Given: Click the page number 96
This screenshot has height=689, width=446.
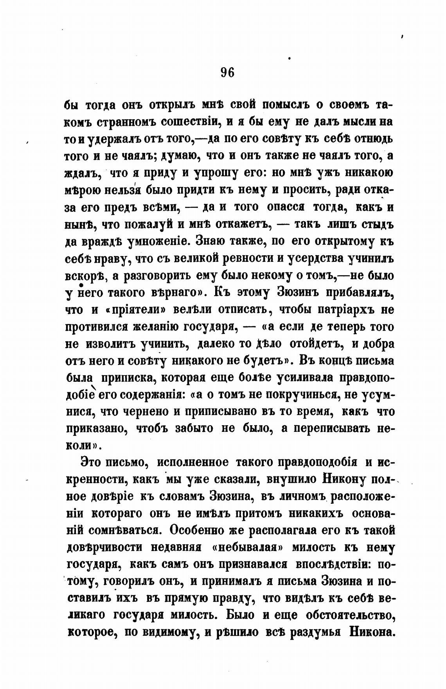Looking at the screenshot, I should pos(227,72).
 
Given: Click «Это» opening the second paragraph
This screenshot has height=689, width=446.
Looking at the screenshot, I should pos(90,462).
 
